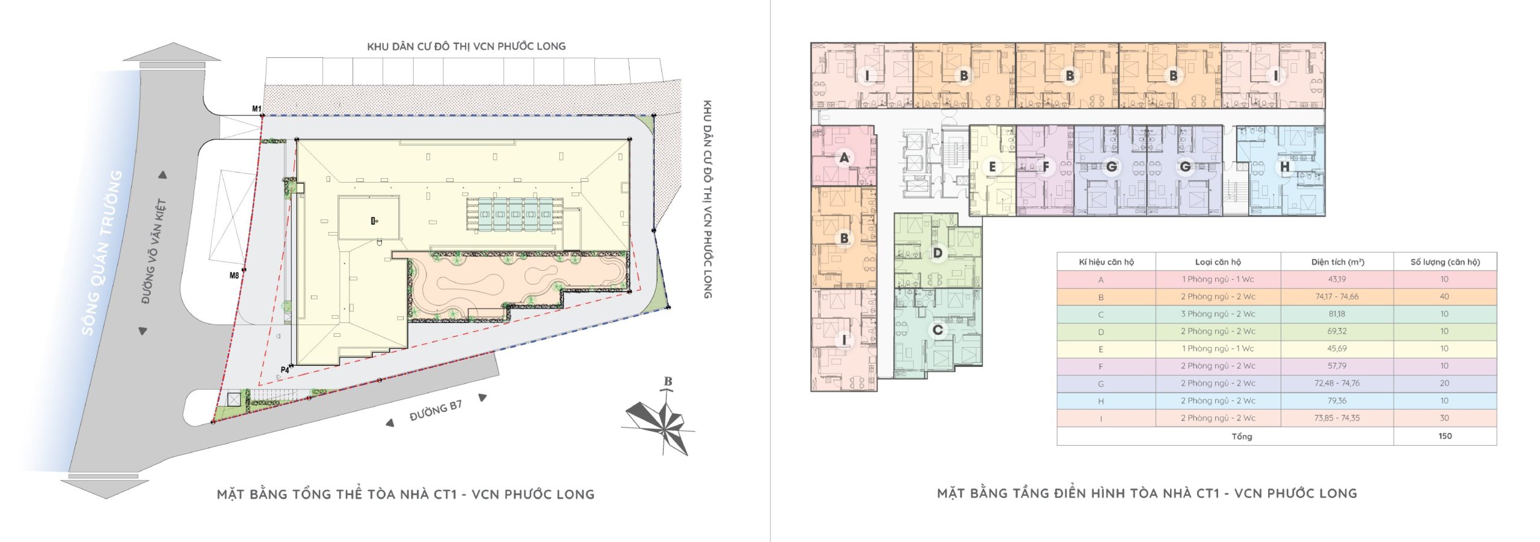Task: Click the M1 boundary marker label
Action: (x=257, y=109)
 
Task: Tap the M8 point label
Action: (x=234, y=276)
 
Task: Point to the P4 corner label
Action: (x=285, y=370)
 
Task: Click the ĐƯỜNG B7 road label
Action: (x=436, y=411)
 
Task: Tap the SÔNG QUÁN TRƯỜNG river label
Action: (x=102, y=253)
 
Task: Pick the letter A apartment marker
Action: (x=844, y=158)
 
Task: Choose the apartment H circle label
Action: (x=1285, y=167)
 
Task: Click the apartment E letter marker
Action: (x=992, y=167)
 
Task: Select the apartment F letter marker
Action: (x=1046, y=167)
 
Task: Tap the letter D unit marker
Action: (x=937, y=253)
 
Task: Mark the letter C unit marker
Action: (x=937, y=330)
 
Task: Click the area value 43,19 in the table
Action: (x=1337, y=279)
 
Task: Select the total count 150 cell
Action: (x=1445, y=436)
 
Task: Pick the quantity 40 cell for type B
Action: (x=1444, y=297)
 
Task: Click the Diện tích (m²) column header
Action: (x=1337, y=262)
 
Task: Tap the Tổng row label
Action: (x=1242, y=437)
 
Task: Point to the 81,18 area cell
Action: (x=1337, y=314)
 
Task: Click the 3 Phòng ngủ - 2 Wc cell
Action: (x=1218, y=314)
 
